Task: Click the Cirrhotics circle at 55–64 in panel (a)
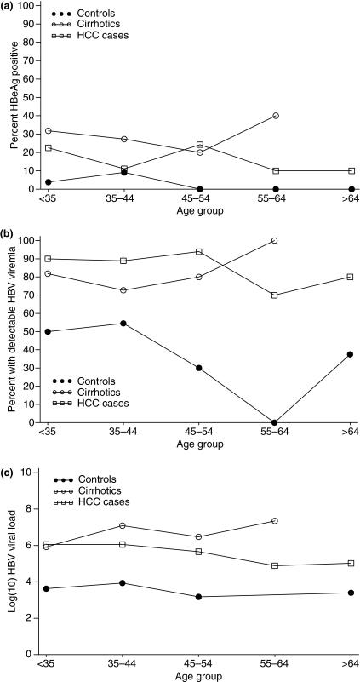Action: [275, 116]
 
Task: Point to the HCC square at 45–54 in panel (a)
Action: [199, 145]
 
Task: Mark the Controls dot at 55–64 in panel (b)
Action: [275, 422]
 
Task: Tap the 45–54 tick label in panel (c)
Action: [199, 665]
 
